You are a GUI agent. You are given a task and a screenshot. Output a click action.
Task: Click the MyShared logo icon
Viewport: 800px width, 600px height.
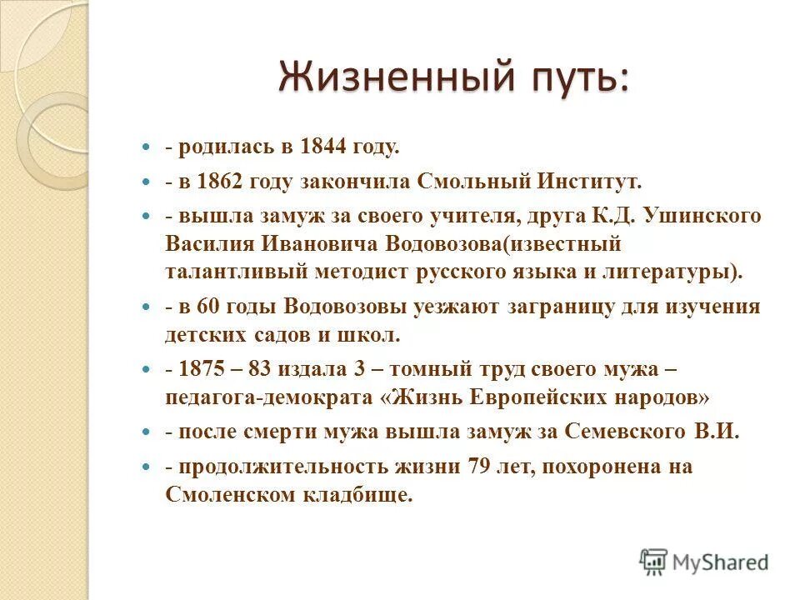point(654,562)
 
